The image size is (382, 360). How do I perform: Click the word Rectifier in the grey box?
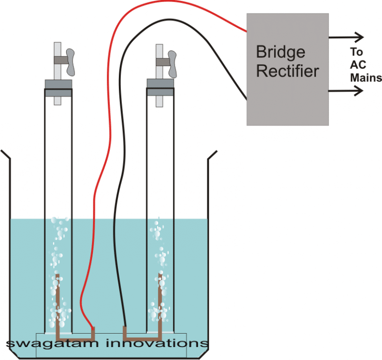(x=287, y=71)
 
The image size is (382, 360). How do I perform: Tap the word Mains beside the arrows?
(x=366, y=78)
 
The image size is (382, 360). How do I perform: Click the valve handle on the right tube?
(x=172, y=62)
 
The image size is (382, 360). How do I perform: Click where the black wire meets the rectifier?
(x=246, y=100)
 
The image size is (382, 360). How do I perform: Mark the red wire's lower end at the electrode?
(x=93, y=328)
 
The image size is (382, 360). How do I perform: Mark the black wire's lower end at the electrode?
(x=125, y=328)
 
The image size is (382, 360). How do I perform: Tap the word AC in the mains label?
(x=357, y=65)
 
